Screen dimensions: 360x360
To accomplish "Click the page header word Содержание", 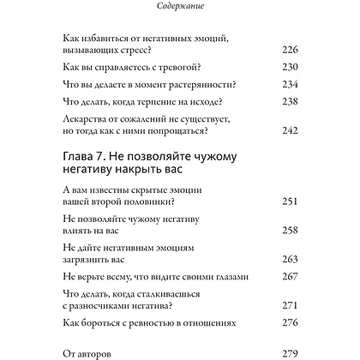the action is [180, 8].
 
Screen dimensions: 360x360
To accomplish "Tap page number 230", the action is [290, 68].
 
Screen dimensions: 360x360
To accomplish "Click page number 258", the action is [290, 231].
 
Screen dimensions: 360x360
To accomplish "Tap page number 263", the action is [290, 259].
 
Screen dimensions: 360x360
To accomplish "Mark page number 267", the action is [290, 276].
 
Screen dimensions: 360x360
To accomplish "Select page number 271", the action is [290, 305].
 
